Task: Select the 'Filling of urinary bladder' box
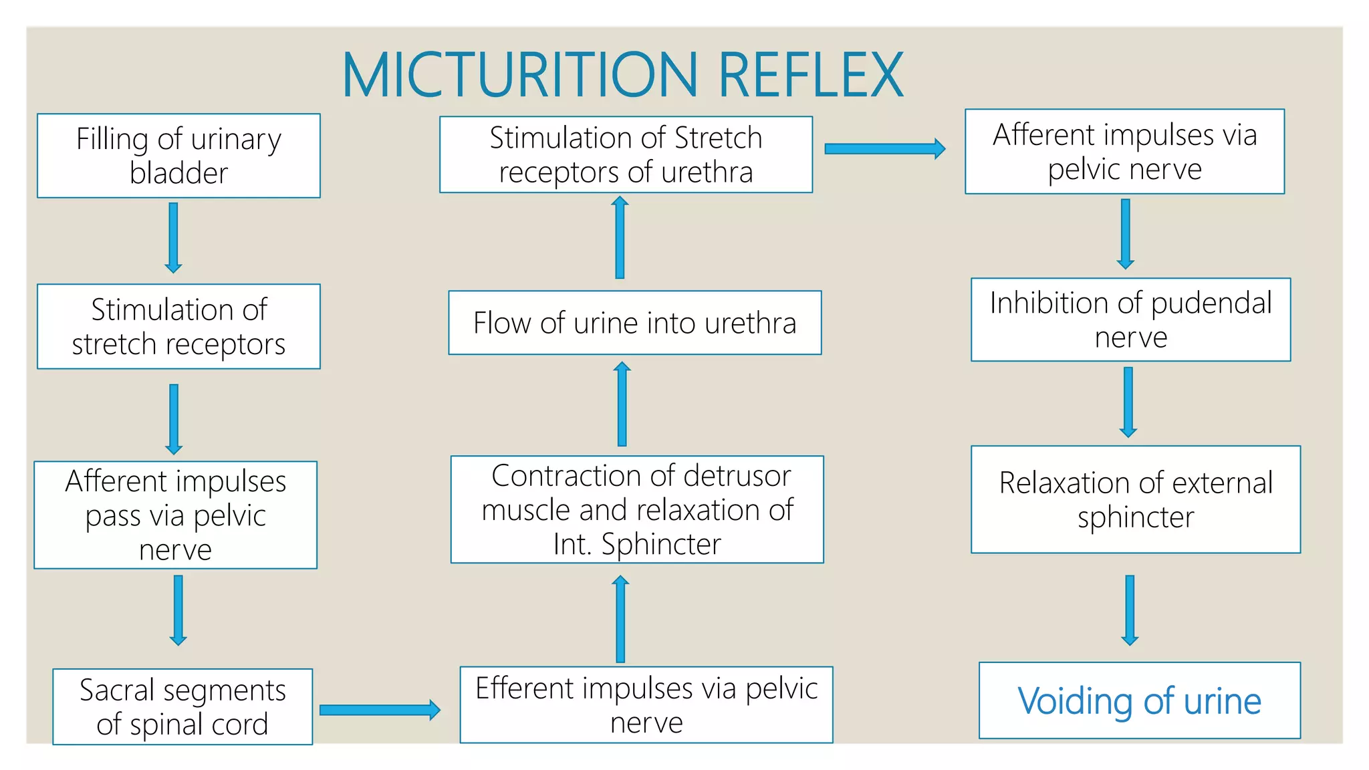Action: pyautogui.click(x=178, y=156)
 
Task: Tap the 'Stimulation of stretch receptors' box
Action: pyautogui.click(x=178, y=326)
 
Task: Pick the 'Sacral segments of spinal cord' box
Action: pyautogui.click(x=182, y=707)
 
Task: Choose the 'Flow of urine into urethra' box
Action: pyautogui.click(x=634, y=323)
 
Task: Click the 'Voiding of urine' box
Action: pyautogui.click(x=1139, y=700)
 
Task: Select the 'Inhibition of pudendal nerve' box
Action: pyautogui.click(x=1130, y=319)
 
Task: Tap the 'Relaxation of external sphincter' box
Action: pyautogui.click(x=1135, y=499)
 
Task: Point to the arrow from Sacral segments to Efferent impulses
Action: pyautogui.click(x=379, y=710)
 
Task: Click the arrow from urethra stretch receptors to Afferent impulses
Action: pyautogui.click(x=884, y=148)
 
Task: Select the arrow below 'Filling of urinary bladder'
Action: pyautogui.click(x=173, y=237)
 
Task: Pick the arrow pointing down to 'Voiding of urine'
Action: pyautogui.click(x=1130, y=610)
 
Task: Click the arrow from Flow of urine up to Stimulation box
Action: pyautogui.click(x=620, y=237)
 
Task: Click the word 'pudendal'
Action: pyautogui.click(x=1211, y=303)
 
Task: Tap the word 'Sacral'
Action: pyautogui.click(x=116, y=690)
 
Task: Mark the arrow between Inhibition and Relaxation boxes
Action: pyautogui.click(x=1128, y=402)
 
